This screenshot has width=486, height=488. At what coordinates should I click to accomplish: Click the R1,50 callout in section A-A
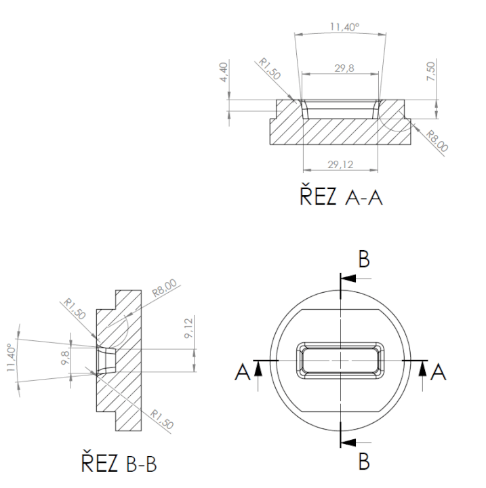pos(271,70)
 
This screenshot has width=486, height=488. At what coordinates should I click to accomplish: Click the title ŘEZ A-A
pos(336,199)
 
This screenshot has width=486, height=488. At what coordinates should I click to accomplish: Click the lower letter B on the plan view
pos(363,462)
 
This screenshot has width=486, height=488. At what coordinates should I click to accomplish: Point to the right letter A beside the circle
pos(439,371)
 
